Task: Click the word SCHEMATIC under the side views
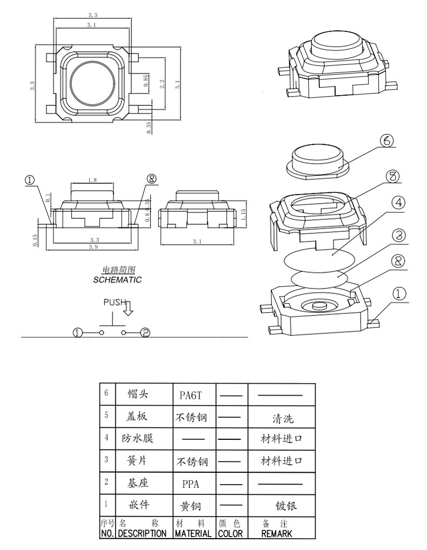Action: pyautogui.click(x=117, y=280)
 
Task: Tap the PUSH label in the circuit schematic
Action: pyautogui.click(x=114, y=303)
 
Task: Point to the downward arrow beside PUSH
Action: pyautogui.click(x=128, y=308)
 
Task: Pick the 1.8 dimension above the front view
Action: pyautogui.click(x=92, y=180)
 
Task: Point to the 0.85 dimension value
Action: pyautogui.click(x=145, y=81)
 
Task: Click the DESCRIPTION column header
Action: pyautogui.click(x=142, y=533)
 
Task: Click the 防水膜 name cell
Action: pyautogui.click(x=137, y=438)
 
